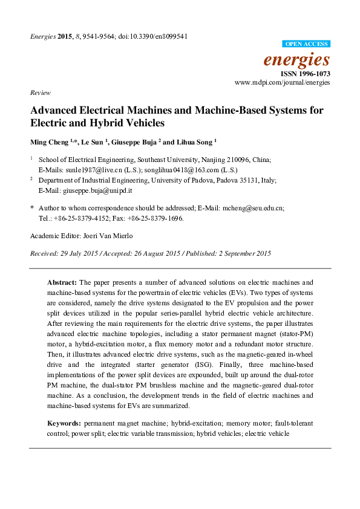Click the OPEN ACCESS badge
point(307,44)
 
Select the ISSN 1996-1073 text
point(305,73)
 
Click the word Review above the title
point(39,92)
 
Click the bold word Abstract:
point(62,282)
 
